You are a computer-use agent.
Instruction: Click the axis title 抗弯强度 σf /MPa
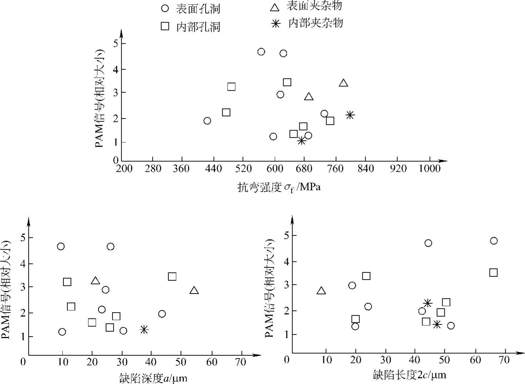pos(279,187)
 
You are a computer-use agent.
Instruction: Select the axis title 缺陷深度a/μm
pos(153,378)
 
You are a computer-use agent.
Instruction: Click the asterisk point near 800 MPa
pos(350,115)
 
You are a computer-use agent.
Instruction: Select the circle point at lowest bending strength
pos(207,121)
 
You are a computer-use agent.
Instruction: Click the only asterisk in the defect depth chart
pos(144,329)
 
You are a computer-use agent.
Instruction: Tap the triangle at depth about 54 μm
pos(194,290)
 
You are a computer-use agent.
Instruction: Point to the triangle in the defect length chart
pos(321,291)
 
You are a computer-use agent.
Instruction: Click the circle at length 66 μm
pos(494,240)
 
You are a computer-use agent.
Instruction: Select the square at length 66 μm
pos(493,272)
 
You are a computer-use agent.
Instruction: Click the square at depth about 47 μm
pos(172,276)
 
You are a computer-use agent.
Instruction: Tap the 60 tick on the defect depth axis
pos(212,361)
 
